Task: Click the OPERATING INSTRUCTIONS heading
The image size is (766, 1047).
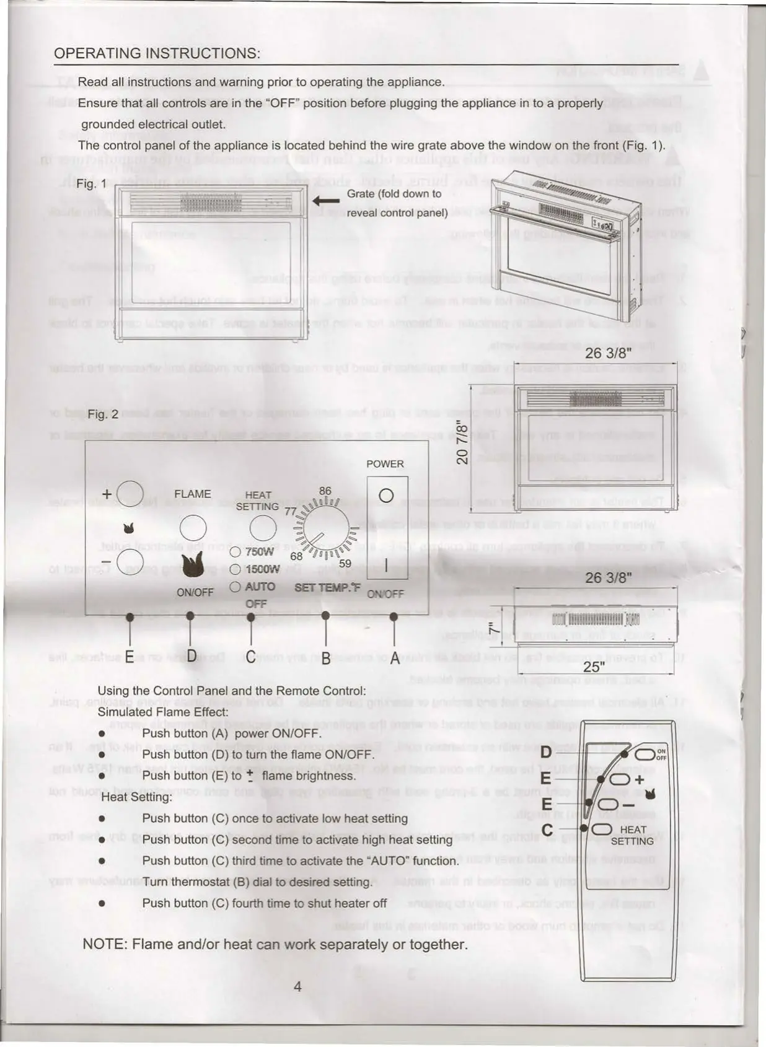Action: tap(157, 53)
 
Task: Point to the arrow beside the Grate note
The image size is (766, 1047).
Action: tap(326, 200)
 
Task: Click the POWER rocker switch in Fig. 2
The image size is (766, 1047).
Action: tap(387, 528)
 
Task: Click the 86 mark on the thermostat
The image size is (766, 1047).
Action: tap(325, 491)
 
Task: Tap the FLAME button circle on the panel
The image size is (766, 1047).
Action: tap(193, 528)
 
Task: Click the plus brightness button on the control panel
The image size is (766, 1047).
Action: tap(130, 493)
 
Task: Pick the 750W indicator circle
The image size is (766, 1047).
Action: tap(235, 551)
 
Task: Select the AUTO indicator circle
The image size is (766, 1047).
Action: tap(235, 586)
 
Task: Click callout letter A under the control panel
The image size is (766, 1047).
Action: tap(394, 658)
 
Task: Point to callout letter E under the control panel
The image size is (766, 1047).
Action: tap(129, 657)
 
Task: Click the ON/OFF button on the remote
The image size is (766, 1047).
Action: tap(645, 754)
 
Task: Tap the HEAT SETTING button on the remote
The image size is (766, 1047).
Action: tap(602, 829)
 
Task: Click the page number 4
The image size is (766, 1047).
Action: tap(297, 986)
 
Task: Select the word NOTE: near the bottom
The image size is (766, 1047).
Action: tap(105, 944)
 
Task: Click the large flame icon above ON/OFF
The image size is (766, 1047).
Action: tap(194, 565)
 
